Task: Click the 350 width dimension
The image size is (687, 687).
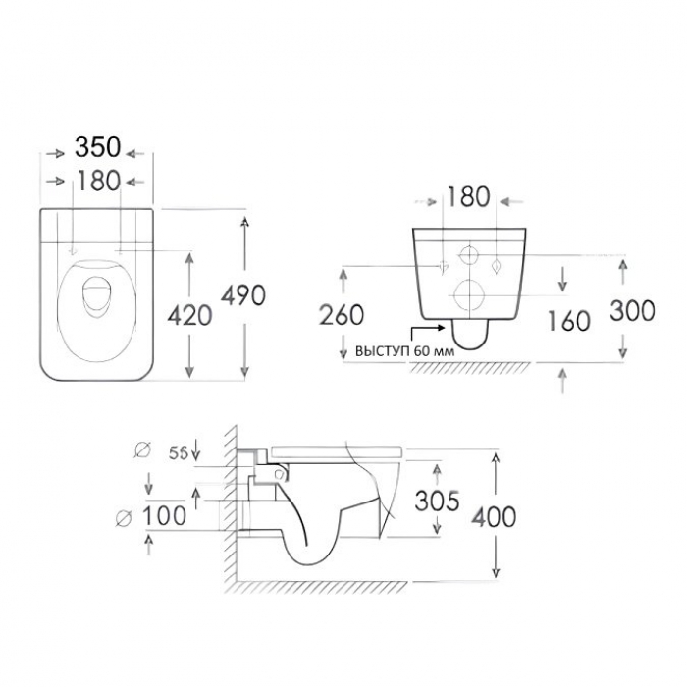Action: click(98, 147)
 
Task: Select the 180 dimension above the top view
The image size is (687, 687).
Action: click(98, 181)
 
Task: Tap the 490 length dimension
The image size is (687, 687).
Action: click(243, 294)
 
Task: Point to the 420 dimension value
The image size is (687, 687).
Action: click(189, 315)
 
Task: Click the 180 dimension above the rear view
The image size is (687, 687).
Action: click(468, 196)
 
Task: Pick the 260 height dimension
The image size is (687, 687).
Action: click(342, 315)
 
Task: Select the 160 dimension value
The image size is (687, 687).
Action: click(569, 320)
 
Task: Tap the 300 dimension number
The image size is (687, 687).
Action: click(633, 310)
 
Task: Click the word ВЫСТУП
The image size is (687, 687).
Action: click(382, 351)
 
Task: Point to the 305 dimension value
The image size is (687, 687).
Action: click(438, 501)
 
